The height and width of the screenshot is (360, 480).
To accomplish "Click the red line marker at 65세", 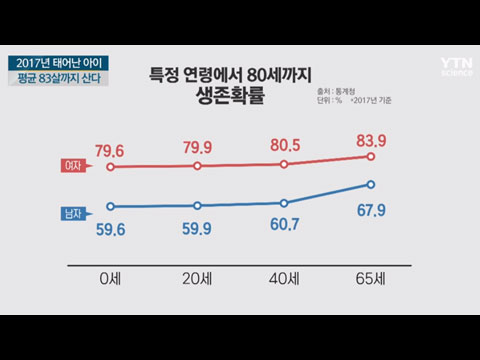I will (371, 156).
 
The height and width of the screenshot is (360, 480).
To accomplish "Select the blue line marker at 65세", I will (371, 184).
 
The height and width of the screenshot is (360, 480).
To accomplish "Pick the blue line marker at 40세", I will (285, 202).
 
